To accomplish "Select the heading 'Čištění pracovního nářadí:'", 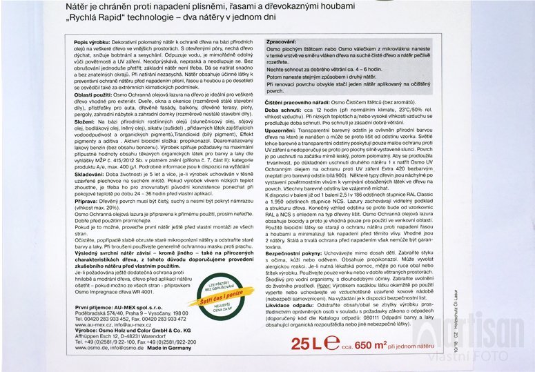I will click(298, 101).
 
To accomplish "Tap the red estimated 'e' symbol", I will click(332, 342).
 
